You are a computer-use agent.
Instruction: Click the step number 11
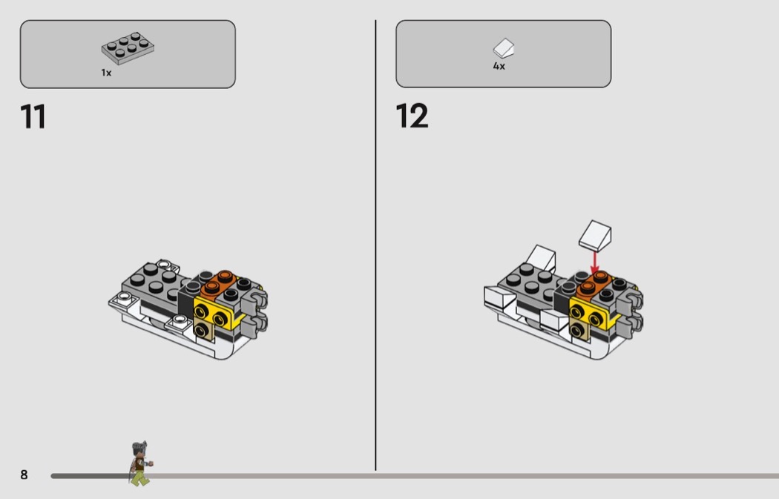click(x=33, y=117)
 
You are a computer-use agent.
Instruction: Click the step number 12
click(x=412, y=116)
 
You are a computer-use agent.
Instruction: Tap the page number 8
click(x=24, y=475)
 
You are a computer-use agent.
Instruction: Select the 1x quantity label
click(x=106, y=73)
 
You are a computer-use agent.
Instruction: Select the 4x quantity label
click(x=499, y=66)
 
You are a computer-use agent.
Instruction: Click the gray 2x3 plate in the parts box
click(x=128, y=48)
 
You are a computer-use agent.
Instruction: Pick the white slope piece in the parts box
click(x=504, y=48)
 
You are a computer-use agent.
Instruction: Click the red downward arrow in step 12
click(x=595, y=262)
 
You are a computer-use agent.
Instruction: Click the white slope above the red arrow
click(x=595, y=235)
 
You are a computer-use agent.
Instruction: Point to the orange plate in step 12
click(x=594, y=285)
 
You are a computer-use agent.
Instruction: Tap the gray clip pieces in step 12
click(x=631, y=312)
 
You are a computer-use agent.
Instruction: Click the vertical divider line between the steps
click(x=375, y=245)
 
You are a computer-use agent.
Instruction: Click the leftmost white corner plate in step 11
click(x=122, y=299)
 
